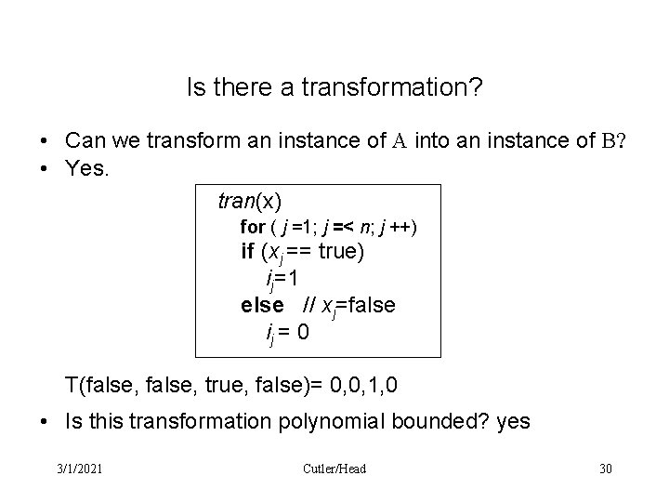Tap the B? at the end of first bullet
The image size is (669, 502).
point(615,141)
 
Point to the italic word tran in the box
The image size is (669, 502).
point(236,200)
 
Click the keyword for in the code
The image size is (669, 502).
point(252,227)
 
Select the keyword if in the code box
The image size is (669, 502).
point(248,252)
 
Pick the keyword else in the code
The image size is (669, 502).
point(262,304)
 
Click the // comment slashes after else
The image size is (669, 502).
point(306,304)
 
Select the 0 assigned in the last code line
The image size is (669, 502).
point(304,330)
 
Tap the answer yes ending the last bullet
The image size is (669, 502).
point(513,421)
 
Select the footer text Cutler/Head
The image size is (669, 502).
point(334,468)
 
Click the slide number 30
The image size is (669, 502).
point(606,468)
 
